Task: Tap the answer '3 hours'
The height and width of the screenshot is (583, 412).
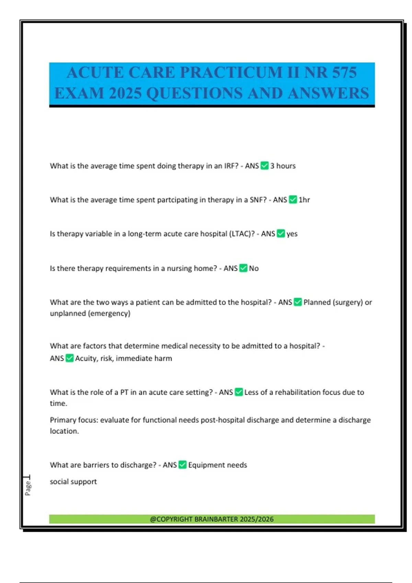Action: pos(283,166)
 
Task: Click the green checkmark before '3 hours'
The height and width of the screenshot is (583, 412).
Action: pos(264,166)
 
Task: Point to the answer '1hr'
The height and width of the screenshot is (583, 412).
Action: pos(304,200)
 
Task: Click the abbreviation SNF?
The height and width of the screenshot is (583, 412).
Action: pos(258,200)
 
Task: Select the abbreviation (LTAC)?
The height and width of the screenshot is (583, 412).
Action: pos(242,234)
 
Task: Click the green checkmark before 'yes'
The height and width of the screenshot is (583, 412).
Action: pos(281,234)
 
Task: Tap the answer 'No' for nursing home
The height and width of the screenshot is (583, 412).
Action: pos(254,269)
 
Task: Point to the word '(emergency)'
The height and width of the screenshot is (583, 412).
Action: pos(110,313)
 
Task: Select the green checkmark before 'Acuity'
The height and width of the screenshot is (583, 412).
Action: pos(69,358)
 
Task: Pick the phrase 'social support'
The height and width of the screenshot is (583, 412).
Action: pos(73,482)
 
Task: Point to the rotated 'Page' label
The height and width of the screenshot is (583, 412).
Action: pos(28,488)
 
